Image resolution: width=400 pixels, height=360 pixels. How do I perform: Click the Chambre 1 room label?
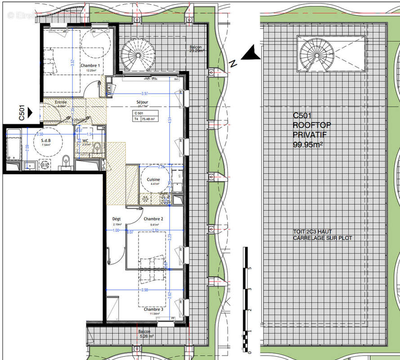click(90, 66)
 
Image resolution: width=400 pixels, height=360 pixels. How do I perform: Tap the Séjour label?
click(143, 102)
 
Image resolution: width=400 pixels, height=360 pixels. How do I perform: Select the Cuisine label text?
click(153, 179)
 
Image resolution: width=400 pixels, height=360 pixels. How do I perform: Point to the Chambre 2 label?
click(153, 219)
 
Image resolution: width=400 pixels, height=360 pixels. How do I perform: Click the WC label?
click(85, 140)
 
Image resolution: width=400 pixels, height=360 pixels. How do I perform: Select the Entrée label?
click(61, 103)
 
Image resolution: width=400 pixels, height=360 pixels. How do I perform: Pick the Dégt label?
click(116, 219)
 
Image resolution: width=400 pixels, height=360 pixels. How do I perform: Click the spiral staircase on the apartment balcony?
click(138, 54)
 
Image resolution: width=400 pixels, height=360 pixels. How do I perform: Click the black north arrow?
click(251, 54)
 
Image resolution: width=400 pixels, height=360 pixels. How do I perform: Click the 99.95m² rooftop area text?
click(308, 145)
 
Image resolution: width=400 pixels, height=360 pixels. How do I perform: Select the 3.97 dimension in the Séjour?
click(144, 94)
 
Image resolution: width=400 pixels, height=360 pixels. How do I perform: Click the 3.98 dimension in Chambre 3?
click(144, 290)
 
